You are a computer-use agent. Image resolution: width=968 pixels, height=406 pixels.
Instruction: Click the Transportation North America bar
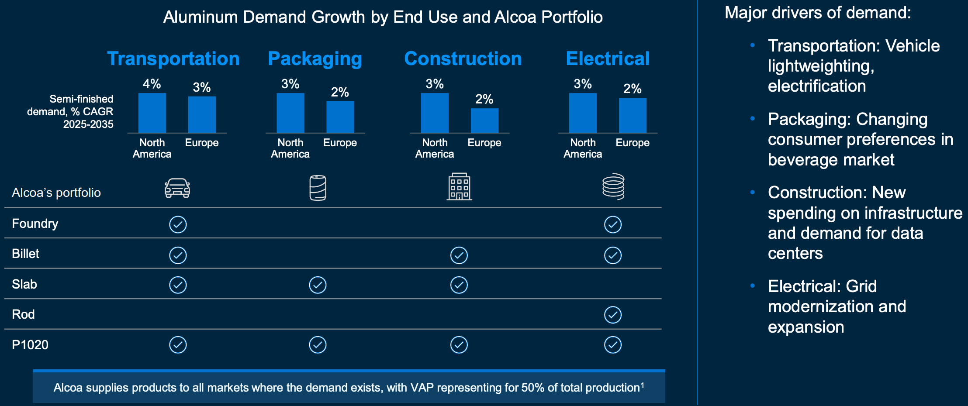[152, 113]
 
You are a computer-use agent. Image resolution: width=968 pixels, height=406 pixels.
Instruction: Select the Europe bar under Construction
[484, 120]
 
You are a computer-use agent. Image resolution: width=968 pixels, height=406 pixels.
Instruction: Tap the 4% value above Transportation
[152, 84]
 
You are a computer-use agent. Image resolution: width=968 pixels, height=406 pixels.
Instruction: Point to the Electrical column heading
[608, 58]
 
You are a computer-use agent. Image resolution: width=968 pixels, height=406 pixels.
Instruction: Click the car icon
[177, 188]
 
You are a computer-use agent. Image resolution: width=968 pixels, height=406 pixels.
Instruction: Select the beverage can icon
[318, 188]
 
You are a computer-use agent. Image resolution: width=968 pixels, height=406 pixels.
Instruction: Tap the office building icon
[459, 187]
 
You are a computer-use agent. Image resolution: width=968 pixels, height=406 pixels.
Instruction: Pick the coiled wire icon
[613, 186]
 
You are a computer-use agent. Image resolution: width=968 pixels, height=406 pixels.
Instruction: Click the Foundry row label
[35, 224]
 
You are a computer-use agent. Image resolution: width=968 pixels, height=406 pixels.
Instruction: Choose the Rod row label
[23, 314]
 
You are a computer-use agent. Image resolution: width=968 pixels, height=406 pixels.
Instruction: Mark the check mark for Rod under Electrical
[613, 315]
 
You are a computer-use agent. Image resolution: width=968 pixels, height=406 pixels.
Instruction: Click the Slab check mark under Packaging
[318, 285]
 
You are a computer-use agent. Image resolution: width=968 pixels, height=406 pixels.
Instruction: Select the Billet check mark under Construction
[459, 255]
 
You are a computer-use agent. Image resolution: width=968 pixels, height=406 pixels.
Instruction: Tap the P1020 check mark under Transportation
[178, 345]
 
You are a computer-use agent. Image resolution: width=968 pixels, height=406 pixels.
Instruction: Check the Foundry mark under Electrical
[613, 225]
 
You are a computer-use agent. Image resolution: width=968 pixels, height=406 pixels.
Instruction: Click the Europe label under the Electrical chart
[633, 143]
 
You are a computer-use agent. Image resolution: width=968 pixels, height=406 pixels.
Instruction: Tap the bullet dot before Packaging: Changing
[753, 119]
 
